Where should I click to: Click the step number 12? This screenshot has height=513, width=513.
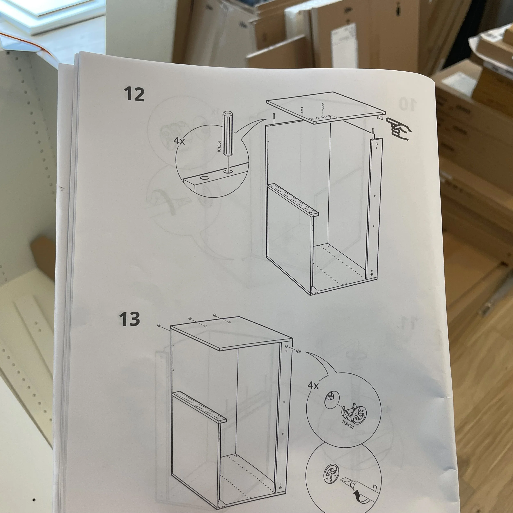(134, 94)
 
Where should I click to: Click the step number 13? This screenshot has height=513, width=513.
(129, 319)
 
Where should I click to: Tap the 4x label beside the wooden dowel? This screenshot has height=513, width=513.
(179, 141)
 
